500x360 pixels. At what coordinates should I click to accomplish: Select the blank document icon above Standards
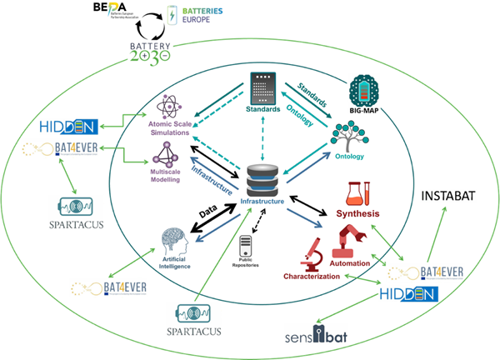(x=263, y=88)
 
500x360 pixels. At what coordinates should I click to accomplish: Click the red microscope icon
(x=314, y=253)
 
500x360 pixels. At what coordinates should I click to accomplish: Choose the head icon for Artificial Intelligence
(x=173, y=242)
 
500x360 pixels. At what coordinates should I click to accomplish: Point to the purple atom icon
(x=171, y=107)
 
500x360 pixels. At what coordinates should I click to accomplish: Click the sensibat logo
(x=320, y=338)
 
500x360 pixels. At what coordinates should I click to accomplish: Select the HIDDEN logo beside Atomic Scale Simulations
(x=69, y=127)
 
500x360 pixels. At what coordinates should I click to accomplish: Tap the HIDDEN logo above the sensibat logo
(x=408, y=293)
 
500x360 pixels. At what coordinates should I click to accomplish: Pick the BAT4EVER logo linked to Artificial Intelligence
(x=109, y=288)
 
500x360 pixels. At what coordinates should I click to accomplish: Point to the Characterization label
(x=312, y=276)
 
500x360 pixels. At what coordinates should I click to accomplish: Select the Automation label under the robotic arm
(x=349, y=262)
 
